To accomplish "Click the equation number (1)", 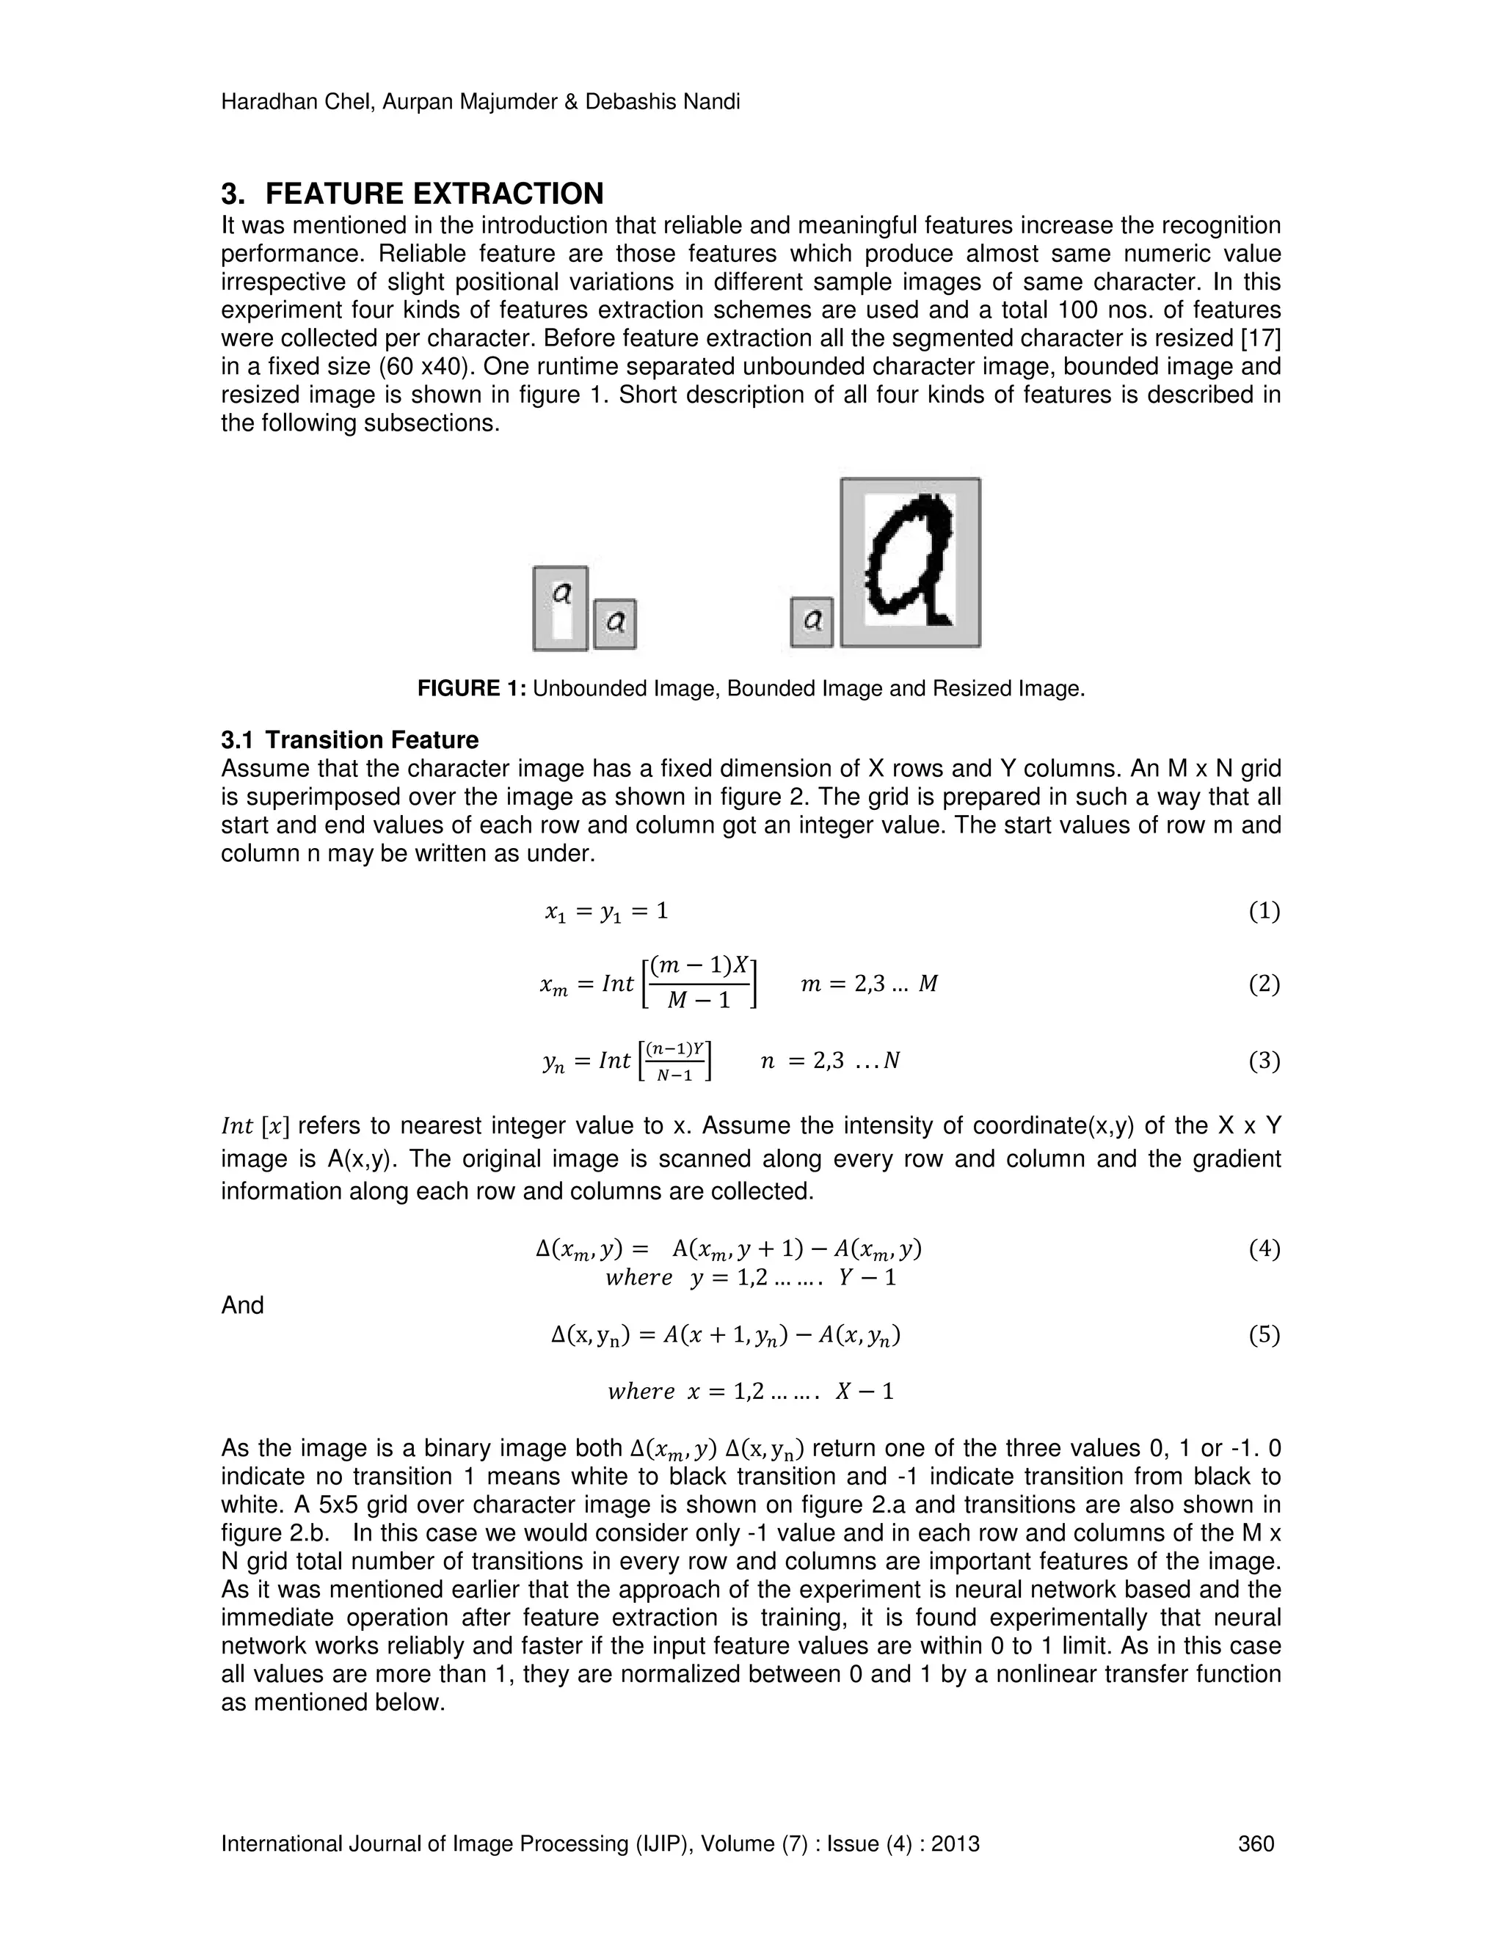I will tap(1264, 910).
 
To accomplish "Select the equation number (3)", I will tap(1264, 1060).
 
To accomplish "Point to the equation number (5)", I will tap(1264, 1334).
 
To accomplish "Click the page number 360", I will tap(1256, 1843).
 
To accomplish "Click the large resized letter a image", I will tap(911, 562).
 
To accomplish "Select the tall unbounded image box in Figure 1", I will tap(560, 608).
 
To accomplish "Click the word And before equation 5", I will tap(242, 1305).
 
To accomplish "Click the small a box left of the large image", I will tap(811, 621).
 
